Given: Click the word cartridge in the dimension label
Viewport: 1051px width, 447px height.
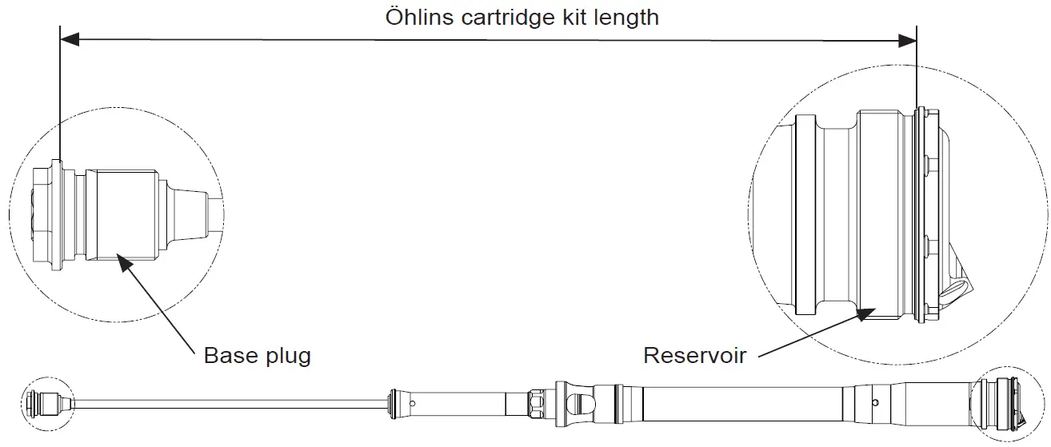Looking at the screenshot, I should pyautogui.click(x=502, y=17).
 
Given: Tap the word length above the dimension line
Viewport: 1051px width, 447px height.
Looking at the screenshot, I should pyautogui.click(x=629, y=17).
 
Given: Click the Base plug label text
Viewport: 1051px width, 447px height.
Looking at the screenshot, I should pyautogui.click(x=257, y=355).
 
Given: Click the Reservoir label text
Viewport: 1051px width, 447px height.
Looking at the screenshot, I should pyautogui.click(x=695, y=355).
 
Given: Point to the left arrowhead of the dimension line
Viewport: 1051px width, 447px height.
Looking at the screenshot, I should pyautogui.click(x=69, y=38).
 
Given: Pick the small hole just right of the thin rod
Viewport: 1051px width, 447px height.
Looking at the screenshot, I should pyautogui.click(x=413, y=403).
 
